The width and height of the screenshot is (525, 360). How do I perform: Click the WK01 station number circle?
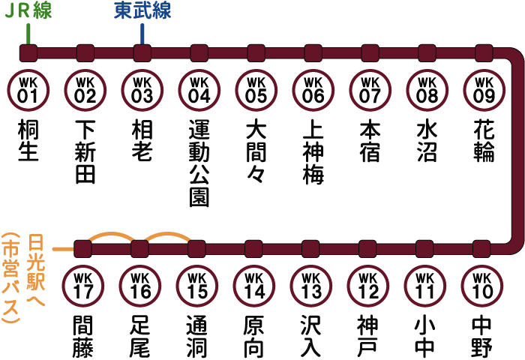click(x=28, y=90)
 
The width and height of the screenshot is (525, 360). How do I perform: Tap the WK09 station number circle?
click(x=484, y=90)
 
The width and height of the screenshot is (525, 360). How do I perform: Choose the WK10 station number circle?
click(x=481, y=286)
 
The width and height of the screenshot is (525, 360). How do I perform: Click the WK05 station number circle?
click(x=256, y=90)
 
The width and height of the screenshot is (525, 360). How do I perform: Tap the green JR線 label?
click(x=28, y=10)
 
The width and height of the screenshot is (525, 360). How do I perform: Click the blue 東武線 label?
click(x=142, y=10)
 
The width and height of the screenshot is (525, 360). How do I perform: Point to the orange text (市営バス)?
click(x=10, y=277)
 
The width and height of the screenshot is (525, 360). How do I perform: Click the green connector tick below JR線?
click(x=28, y=34)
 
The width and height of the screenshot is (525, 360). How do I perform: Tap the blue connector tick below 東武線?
click(x=142, y=34)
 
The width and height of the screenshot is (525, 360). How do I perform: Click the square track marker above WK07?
click(x=370, y=53)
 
